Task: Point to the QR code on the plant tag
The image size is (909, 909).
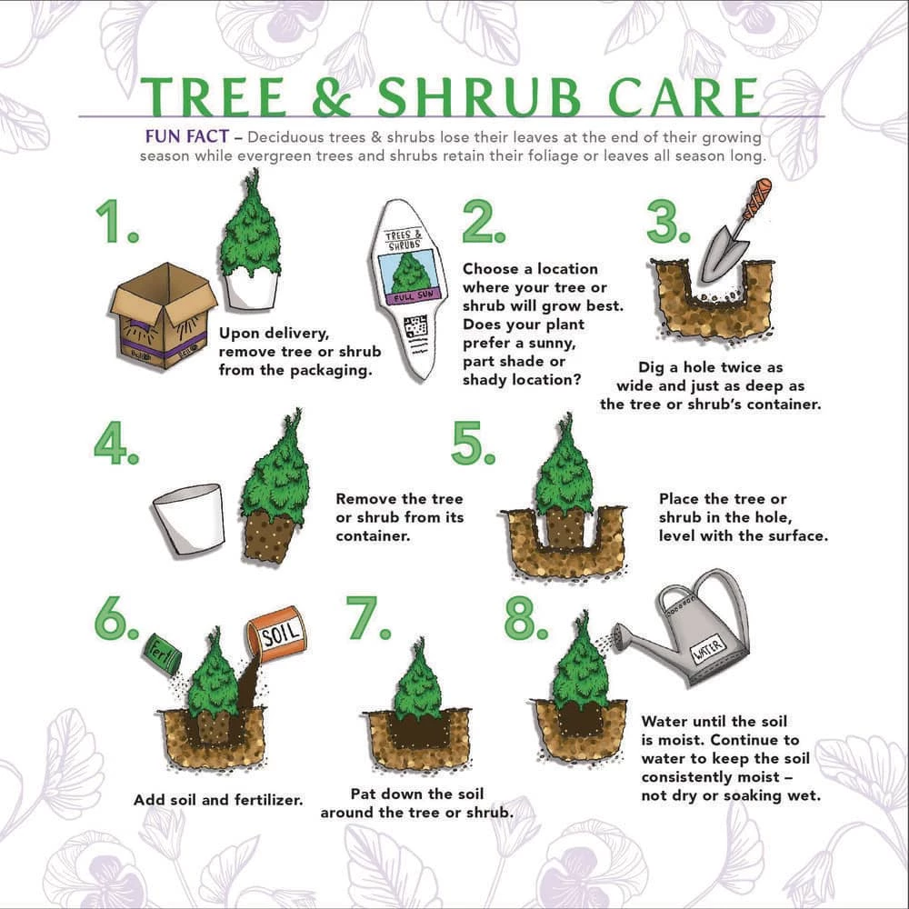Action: coord(415,327)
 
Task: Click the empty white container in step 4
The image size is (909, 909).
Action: coord(190,519)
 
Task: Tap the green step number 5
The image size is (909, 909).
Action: coord(472,443)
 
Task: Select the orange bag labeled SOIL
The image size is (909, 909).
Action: coord(276,634)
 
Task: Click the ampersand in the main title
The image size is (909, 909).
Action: coord(333,97)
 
